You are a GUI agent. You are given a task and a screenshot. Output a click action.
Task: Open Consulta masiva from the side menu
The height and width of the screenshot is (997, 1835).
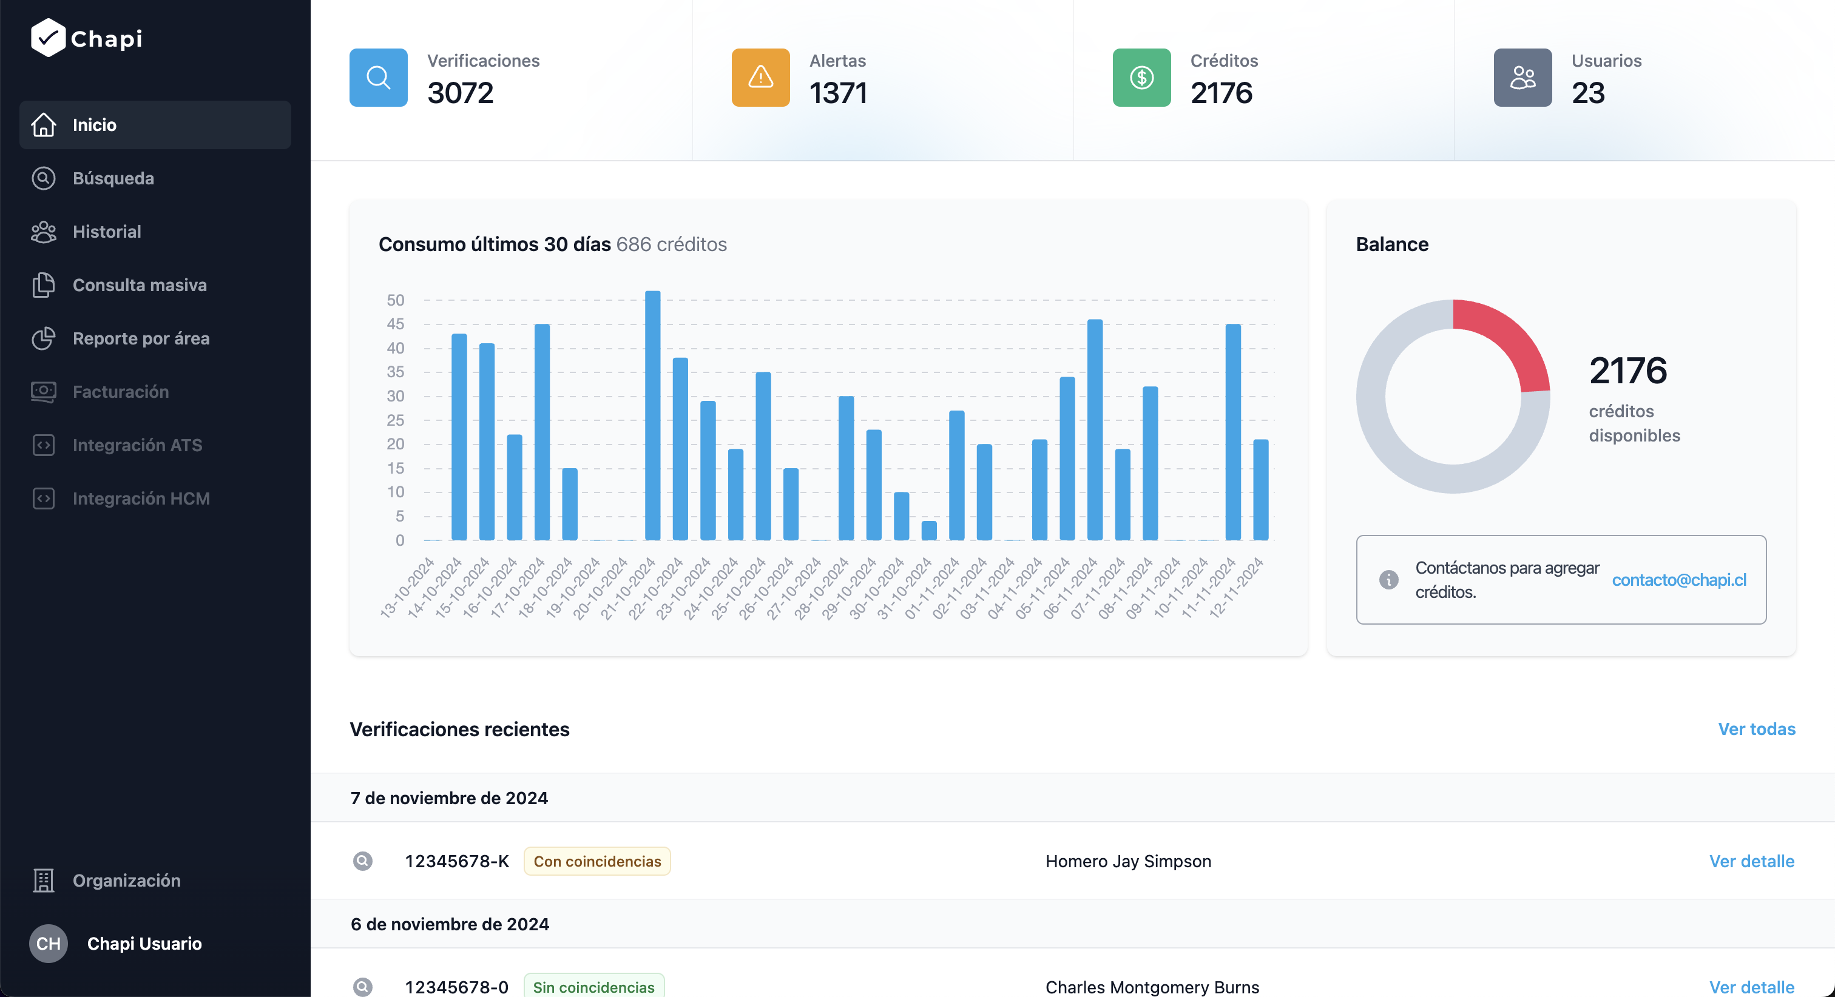(x=139, y=285)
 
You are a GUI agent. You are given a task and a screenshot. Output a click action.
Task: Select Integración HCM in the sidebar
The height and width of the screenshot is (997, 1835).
(x=140, y=498)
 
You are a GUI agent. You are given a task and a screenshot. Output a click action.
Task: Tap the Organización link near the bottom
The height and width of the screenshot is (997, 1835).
(x=126, y=881)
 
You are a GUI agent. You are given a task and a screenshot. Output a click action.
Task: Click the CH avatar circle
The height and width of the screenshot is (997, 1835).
(x=49, y=944)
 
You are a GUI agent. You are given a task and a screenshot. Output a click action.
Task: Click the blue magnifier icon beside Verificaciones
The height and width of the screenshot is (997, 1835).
(x=378, y=78)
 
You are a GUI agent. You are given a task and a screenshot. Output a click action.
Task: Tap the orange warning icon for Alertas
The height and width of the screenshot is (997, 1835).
(x=760, y=78)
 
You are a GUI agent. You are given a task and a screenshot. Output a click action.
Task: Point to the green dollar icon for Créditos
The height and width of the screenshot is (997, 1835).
(x=1141, y=78)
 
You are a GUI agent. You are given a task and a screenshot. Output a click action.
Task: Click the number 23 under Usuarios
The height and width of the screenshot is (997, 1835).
(x=1588, y=93)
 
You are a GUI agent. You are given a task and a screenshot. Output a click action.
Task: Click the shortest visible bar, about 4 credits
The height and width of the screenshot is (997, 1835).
(x=929, y=531)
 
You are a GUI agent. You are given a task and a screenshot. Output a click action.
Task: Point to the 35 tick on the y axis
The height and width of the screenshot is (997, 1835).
(x=396, y=372)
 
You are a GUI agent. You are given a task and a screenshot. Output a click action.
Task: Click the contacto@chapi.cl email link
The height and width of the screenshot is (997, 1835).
(x=1679, y=580)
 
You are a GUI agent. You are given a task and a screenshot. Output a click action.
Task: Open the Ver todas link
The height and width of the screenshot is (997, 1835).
(x=1756, y=729)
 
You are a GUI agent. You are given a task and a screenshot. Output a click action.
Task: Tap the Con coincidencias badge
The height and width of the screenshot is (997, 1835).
(x=597, y=862)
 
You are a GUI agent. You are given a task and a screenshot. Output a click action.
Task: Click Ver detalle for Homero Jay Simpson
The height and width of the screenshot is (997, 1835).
(x=1751, y=862)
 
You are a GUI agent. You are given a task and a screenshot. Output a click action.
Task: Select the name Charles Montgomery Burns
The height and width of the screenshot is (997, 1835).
(x=1152, y=987)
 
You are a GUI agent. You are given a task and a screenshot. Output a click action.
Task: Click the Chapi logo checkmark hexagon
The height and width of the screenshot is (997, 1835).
(x=48, y=38)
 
